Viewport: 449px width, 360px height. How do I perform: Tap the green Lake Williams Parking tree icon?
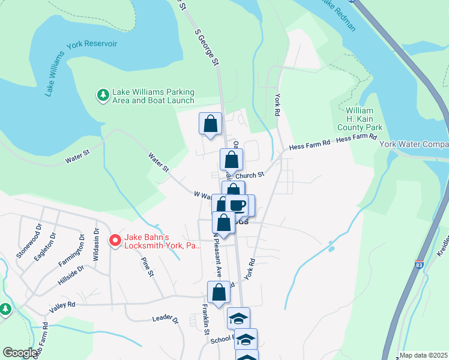(x=103, y=95)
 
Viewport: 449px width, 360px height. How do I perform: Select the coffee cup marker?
(x=238, y=205)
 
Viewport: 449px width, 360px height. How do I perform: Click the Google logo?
(x=20, y=353)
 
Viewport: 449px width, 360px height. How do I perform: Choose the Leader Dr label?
(x=166, y=319)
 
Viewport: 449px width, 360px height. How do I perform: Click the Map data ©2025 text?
(x=423, y=355)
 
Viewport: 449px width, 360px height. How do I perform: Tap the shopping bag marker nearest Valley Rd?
(x=219, y=292)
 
